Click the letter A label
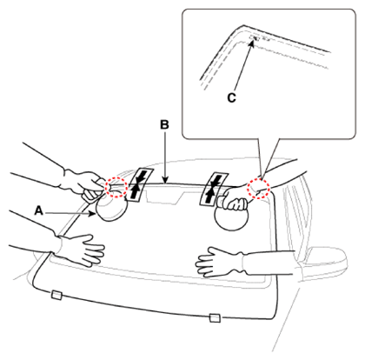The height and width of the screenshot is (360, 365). coord(39,210)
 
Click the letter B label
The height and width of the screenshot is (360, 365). coord(164,124)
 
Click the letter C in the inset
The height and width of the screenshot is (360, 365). coord(231,97)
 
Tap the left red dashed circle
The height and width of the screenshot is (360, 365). coord(116,187)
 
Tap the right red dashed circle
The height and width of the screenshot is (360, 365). coord(258,189)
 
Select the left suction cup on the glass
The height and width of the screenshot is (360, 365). coord(111,208)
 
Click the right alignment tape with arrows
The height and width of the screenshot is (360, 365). coord(214,190)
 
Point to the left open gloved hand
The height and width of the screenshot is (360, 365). coord(84,250)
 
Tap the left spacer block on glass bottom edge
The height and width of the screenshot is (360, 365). coord(56,295)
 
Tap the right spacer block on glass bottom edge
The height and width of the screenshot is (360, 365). coord(215,317)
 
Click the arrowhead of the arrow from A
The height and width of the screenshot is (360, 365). coord(93,214)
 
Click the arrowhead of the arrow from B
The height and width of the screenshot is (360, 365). coord(165,181)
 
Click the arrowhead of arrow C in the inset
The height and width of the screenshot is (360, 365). coord(252,43)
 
